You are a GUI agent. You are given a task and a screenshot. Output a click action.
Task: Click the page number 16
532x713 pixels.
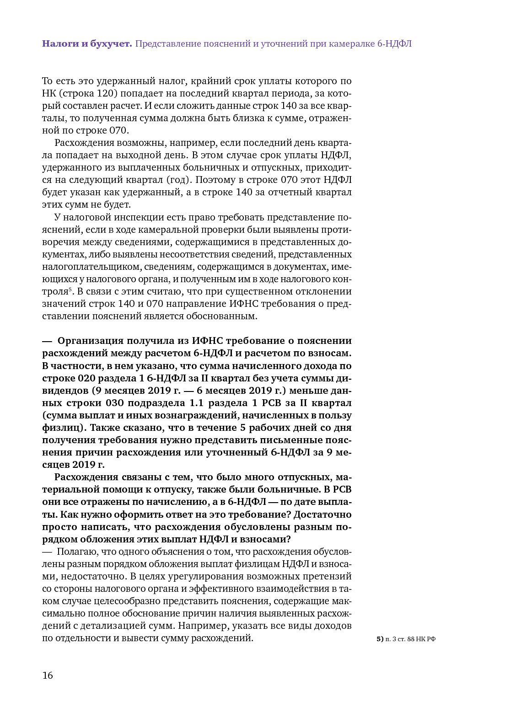[48, 675]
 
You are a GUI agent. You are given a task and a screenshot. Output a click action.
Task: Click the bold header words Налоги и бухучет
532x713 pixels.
[87, 43]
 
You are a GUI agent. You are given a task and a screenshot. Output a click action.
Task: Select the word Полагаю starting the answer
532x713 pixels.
[74, 552]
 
